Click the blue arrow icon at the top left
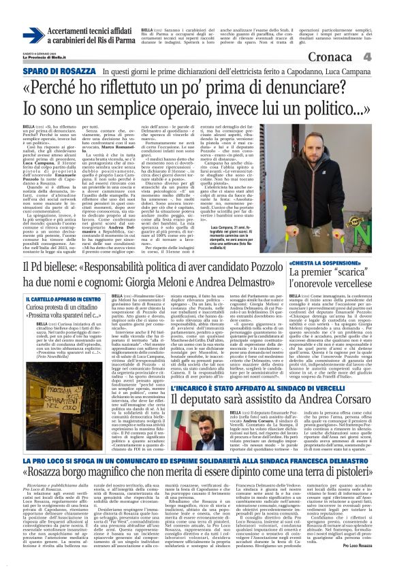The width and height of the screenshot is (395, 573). tap(33, 36)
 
